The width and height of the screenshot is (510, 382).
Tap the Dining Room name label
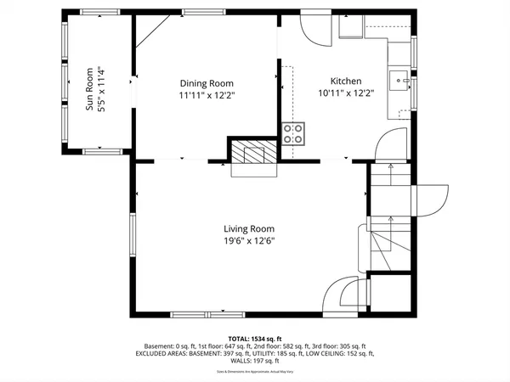[x=207, y=83]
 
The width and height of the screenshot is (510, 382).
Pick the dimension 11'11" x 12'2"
[x=207, y=95]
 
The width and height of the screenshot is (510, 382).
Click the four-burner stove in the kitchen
[x=293, y=132]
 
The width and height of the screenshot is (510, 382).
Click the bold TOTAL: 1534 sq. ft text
[x=256, y=338]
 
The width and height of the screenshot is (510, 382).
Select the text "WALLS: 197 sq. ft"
[x=255, y=360]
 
